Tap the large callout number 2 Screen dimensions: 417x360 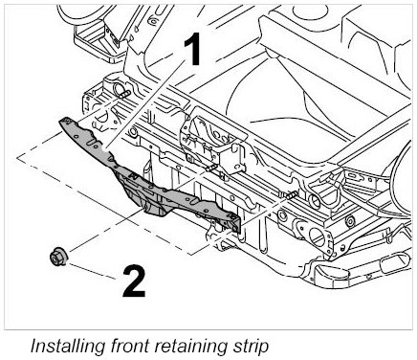pyautogui.click(x=134, y=281)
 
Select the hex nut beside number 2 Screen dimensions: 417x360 pyautogui.click(x=58, y=256)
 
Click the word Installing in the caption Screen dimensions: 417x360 pyautogui.click(x=68, y=345)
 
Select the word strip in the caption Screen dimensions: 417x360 pyautogui.click(x=251, y=346)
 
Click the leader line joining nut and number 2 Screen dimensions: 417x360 pyautogui.click(x=92, y=271)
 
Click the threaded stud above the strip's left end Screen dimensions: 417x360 pyautogui.click(x=124, y=94)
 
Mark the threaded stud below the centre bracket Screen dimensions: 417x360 pyautogui.click(x=211, y=168)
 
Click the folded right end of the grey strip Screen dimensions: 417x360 pyautogui.click(x=234, y=223)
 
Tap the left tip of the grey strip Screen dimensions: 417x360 pyautogui.click(x=59, y=121)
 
